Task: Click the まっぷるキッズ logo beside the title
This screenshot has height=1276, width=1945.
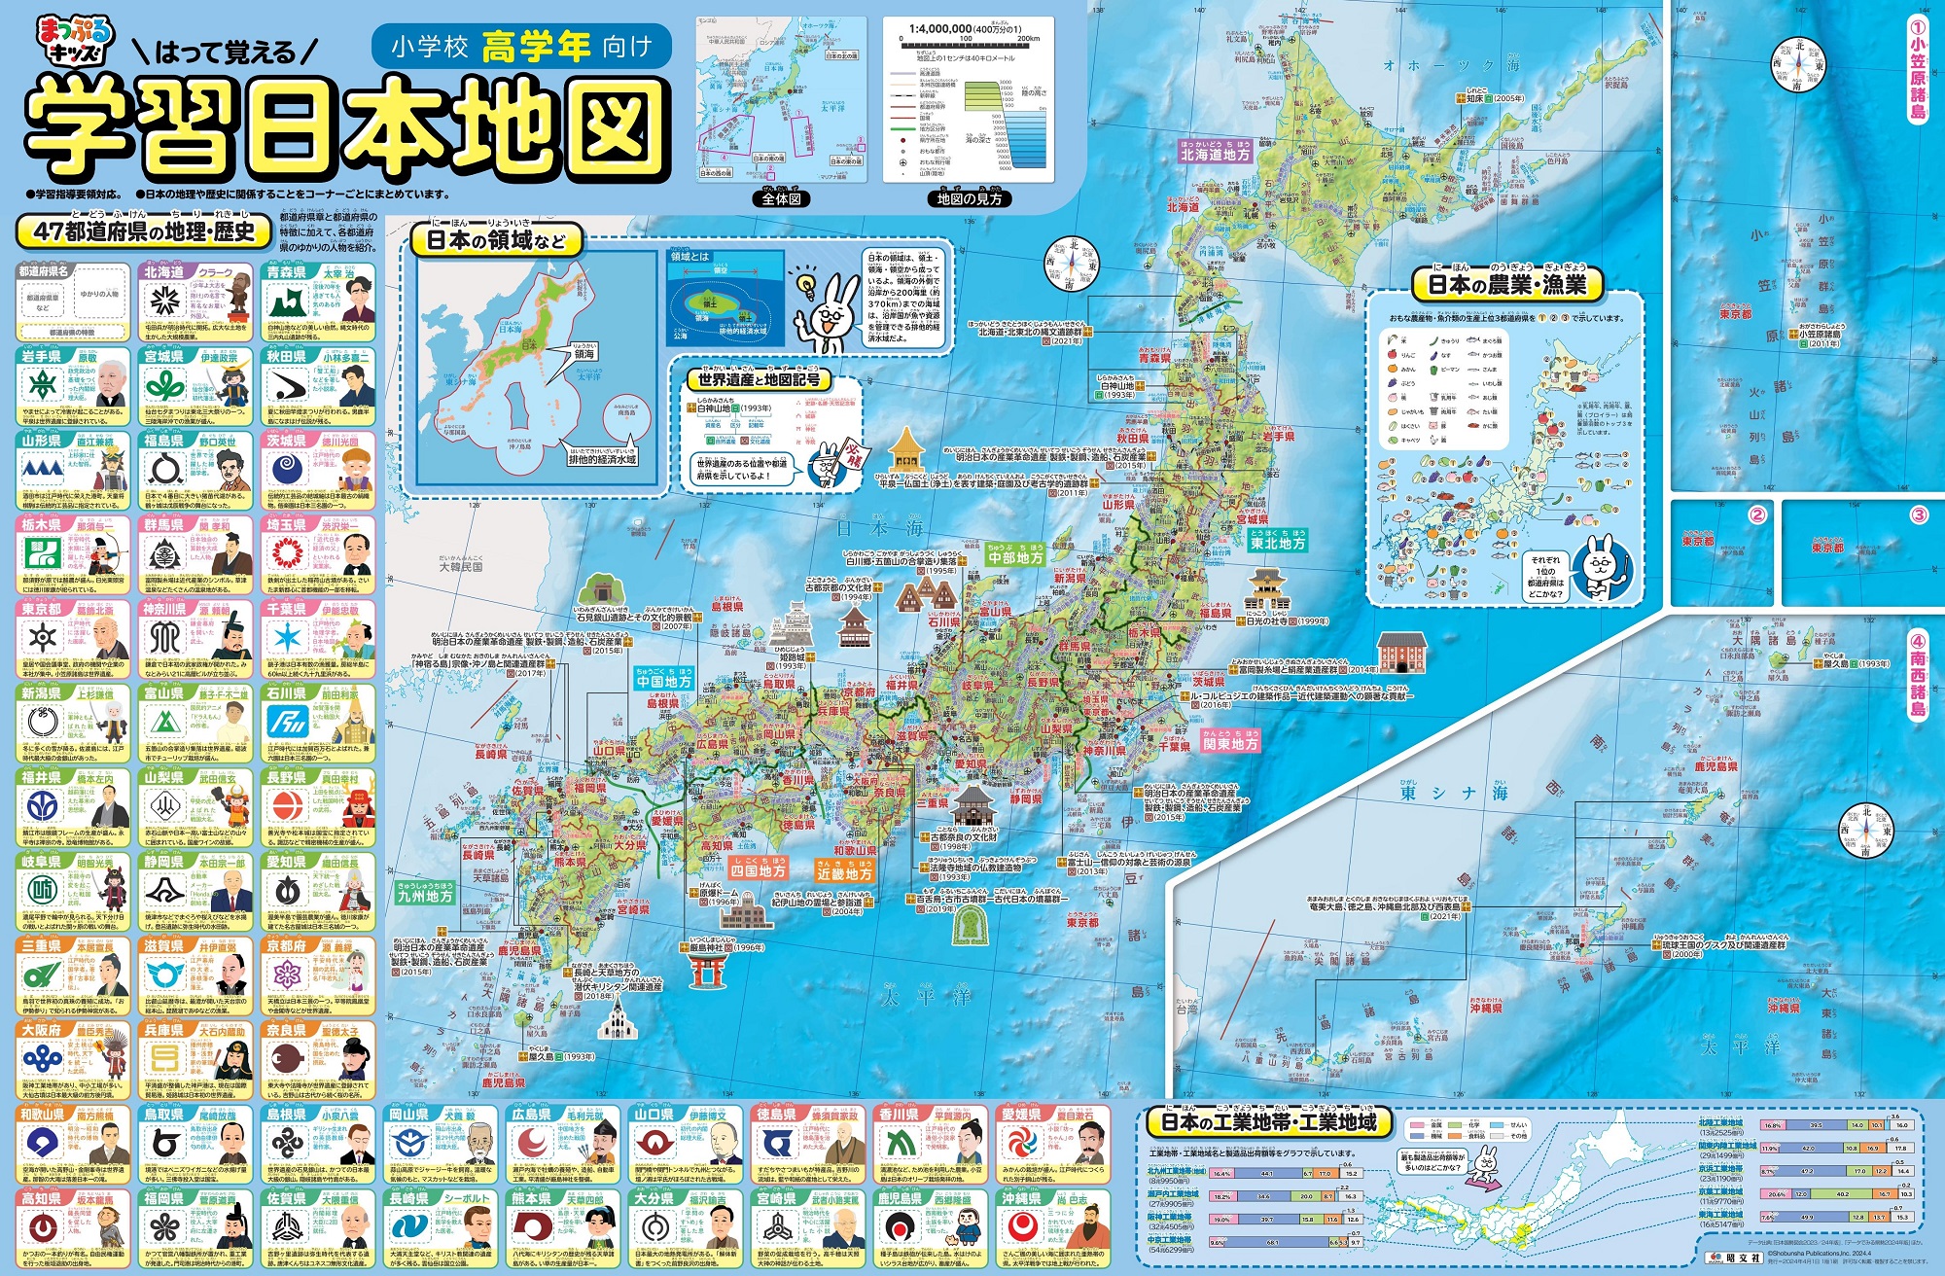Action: [x=74, y=41]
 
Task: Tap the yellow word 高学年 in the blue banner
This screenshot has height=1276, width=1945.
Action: [x=535, y=47]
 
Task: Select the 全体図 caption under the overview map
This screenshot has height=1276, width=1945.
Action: [x=781, y=198]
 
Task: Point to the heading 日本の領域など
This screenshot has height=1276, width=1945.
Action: [x=496, y=239]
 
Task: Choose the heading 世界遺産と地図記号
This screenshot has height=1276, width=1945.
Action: [x=759, y=379]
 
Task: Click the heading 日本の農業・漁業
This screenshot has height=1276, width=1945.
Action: [x=1505, y=284]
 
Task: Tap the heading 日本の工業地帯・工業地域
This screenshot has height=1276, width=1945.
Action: [x=1269, y=1122]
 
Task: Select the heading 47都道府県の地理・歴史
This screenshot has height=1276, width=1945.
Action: [x=143, y=230]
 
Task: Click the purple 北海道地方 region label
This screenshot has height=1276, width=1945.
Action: [x=1215, y=154]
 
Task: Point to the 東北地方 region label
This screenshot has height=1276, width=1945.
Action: [x=1277, y=543]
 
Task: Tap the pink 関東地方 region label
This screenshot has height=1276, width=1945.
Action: [x=1230, y=743]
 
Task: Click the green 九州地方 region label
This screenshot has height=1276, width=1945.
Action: [x=425, y=896]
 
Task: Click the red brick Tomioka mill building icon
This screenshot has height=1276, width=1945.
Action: [x=1401, y=652]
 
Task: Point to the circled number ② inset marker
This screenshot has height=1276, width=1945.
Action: [x=1757, y=514]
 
